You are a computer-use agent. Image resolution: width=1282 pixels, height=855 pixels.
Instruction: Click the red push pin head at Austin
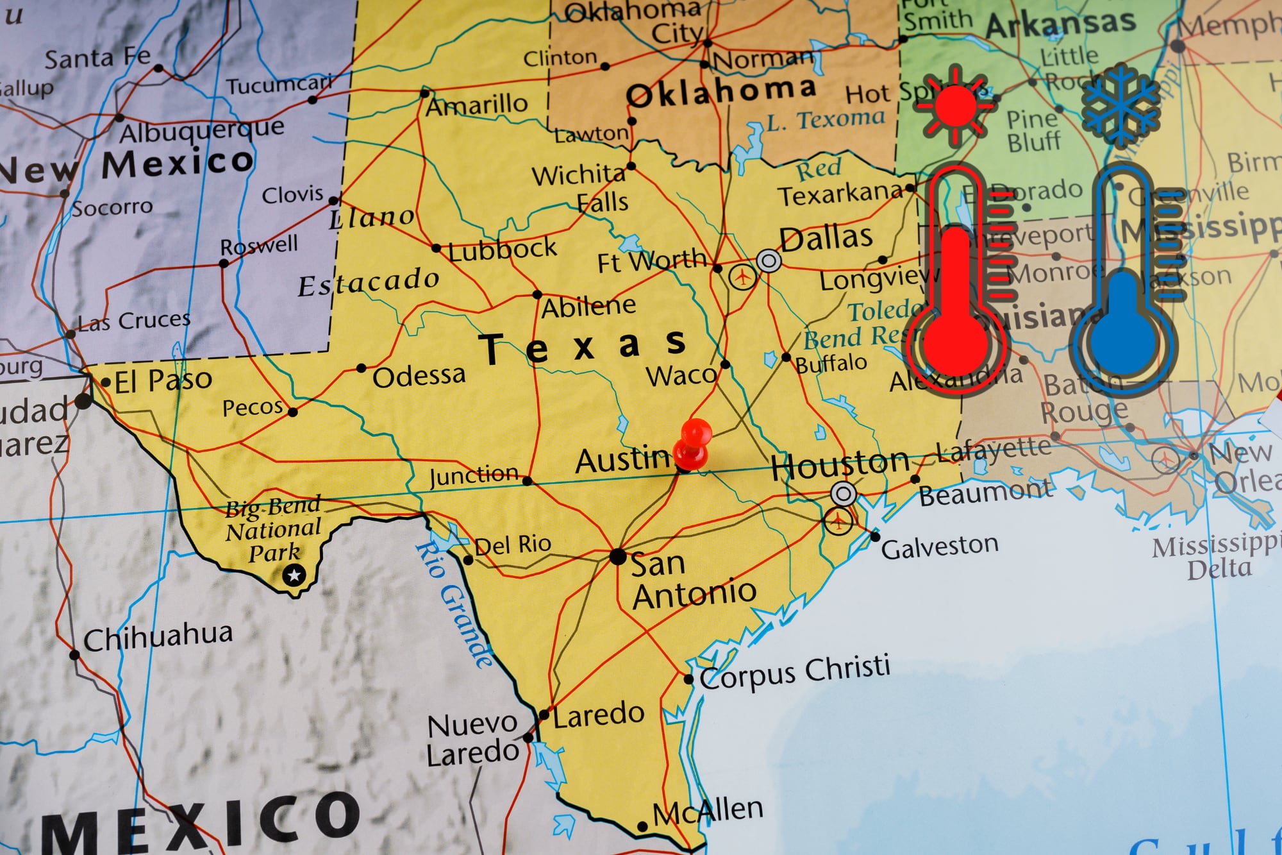point(695,433)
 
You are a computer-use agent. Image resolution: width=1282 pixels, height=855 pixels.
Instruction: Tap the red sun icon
point(955,105)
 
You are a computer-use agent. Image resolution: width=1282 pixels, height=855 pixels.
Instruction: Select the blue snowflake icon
point(1120,105)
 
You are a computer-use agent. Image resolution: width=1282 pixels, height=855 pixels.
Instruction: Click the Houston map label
point(840,464)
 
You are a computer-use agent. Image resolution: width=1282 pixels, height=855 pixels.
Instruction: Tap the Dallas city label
point(826,237)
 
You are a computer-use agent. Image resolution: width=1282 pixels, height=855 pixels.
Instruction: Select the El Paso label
point(163,380)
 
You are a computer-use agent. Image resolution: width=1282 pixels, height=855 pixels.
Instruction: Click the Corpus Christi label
point(795,672)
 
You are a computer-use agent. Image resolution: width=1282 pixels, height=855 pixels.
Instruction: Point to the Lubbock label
point(503,250)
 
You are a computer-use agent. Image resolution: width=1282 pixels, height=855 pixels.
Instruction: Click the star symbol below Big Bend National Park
point(294,575)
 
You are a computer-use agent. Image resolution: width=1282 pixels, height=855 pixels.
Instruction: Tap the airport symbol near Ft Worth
point(742,277)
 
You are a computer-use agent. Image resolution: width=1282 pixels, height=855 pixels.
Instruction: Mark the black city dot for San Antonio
point(617,556)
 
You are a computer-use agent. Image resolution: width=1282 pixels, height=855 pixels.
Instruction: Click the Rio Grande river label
point(455,603)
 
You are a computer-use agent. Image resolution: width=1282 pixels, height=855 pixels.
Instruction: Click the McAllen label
point(708,811)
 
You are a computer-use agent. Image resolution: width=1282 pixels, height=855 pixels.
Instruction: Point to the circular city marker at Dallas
point(769,261)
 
